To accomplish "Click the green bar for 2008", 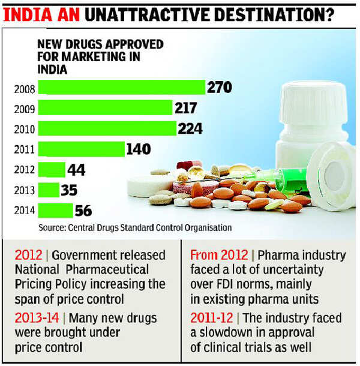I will pos(122,88).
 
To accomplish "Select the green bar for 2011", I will pos(81,149).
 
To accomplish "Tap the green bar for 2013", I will pos(49,190).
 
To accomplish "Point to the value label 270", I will pos(220,88).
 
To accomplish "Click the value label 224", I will pos(190,128).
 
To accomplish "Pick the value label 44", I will pos(76,170).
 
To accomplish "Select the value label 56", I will pos(83,211).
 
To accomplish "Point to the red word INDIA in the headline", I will pos(26,13).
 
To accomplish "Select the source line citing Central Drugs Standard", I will pos(135,228).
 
